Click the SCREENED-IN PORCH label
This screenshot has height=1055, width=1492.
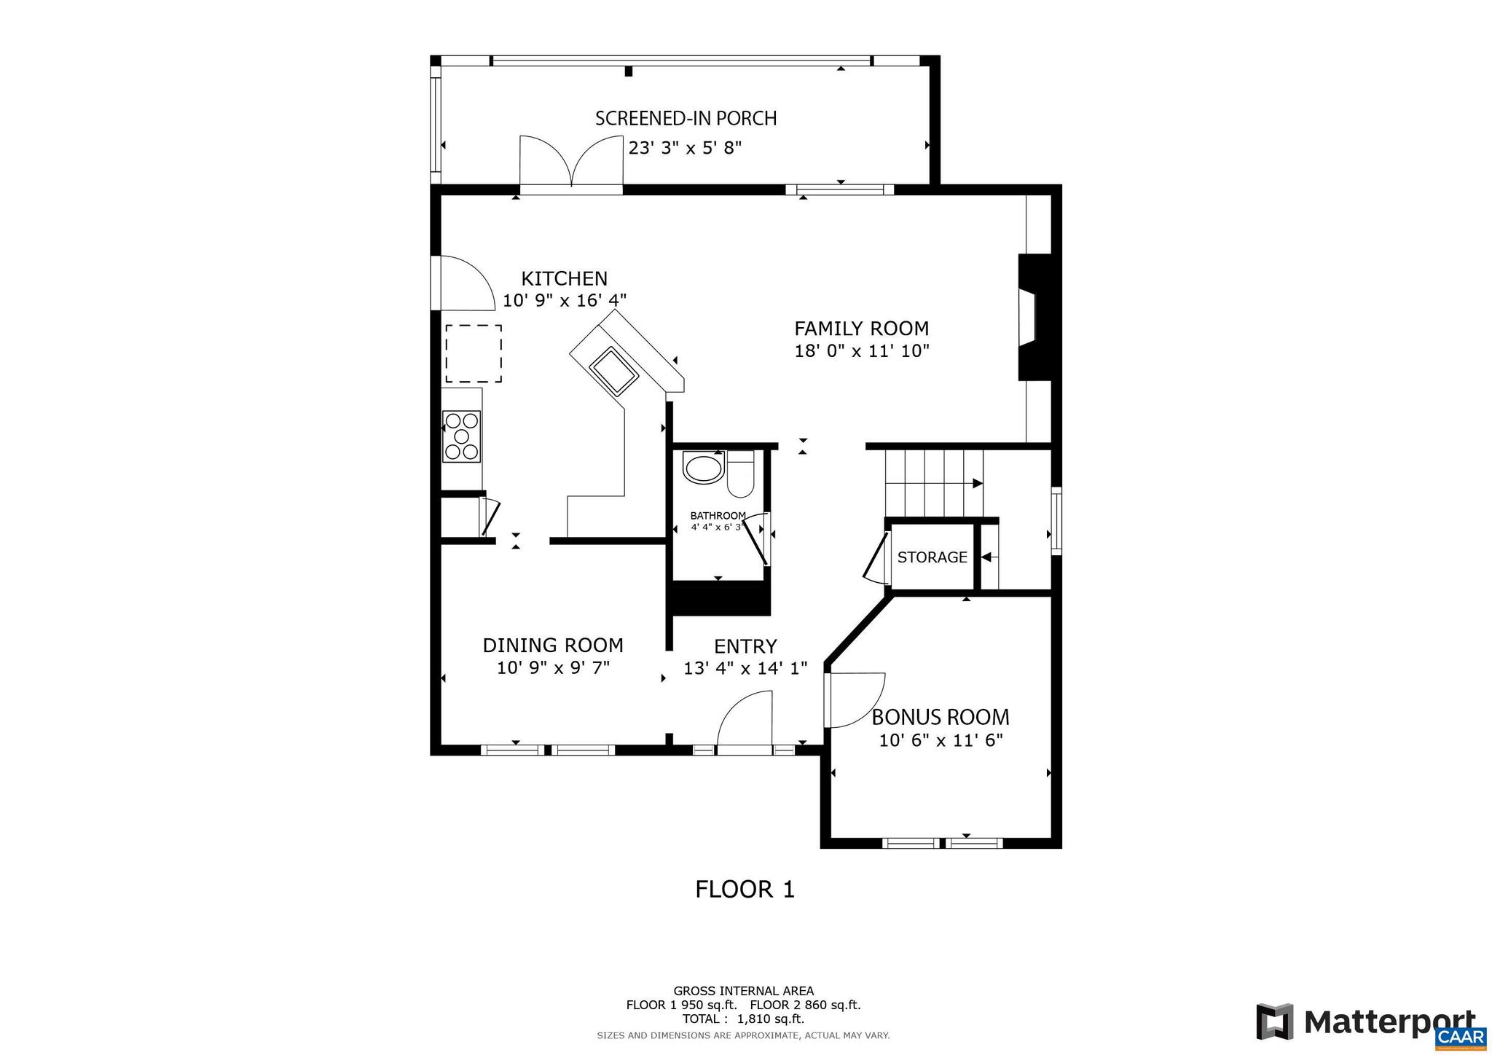tap(686, 118)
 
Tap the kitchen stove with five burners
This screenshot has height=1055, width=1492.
tap(461, 436)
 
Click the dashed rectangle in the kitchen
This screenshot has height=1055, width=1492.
tap(474, 353)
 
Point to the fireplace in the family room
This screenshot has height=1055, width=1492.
tap(1034, 317)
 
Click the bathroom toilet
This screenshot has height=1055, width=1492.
tap(740, 474)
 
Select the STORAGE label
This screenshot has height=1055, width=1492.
tap(932, 557)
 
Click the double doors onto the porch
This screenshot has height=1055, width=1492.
tap(571, 164)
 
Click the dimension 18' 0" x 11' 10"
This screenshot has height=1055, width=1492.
tap(862, 351)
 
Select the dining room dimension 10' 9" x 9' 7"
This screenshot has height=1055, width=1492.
tap(553, 667)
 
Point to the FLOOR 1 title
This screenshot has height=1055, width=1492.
tap(745, 890)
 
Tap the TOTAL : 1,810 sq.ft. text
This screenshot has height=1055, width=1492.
tap(743, 1019)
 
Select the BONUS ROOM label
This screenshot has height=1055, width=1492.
tap(941, 717)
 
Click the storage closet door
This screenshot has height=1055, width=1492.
tap(875, 557)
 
